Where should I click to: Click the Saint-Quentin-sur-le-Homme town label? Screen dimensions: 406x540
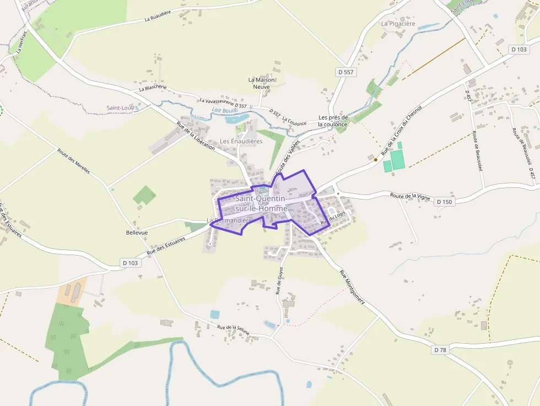pyautogui.click(x=261, y=203)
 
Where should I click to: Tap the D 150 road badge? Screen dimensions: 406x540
pyautogui.click(x=445, y=202)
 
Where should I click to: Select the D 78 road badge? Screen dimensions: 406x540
pyautogui.click(x=440, y=350)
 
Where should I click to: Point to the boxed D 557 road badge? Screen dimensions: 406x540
pyautogui.click(x=345, y=72)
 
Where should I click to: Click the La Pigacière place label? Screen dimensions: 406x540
pyautogui.click(x=398, y=24)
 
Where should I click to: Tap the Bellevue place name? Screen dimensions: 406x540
pyautogui.click(x=137, y=232)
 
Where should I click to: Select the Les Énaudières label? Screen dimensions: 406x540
pyautogui.click(x=241, y=141)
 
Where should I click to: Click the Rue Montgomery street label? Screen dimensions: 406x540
pyautogui.click(x=352, y=290)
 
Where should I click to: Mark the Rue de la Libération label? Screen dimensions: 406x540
pyautogui.click(x=196, y=136)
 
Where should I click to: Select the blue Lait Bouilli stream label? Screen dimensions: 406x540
pyautogui.click(x=225, y=110)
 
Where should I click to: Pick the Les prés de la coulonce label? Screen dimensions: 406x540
pyautogui.click(x=333, y=121)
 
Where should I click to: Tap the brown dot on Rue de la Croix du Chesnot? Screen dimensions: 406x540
pyautogui.click(x=376, y=160)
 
